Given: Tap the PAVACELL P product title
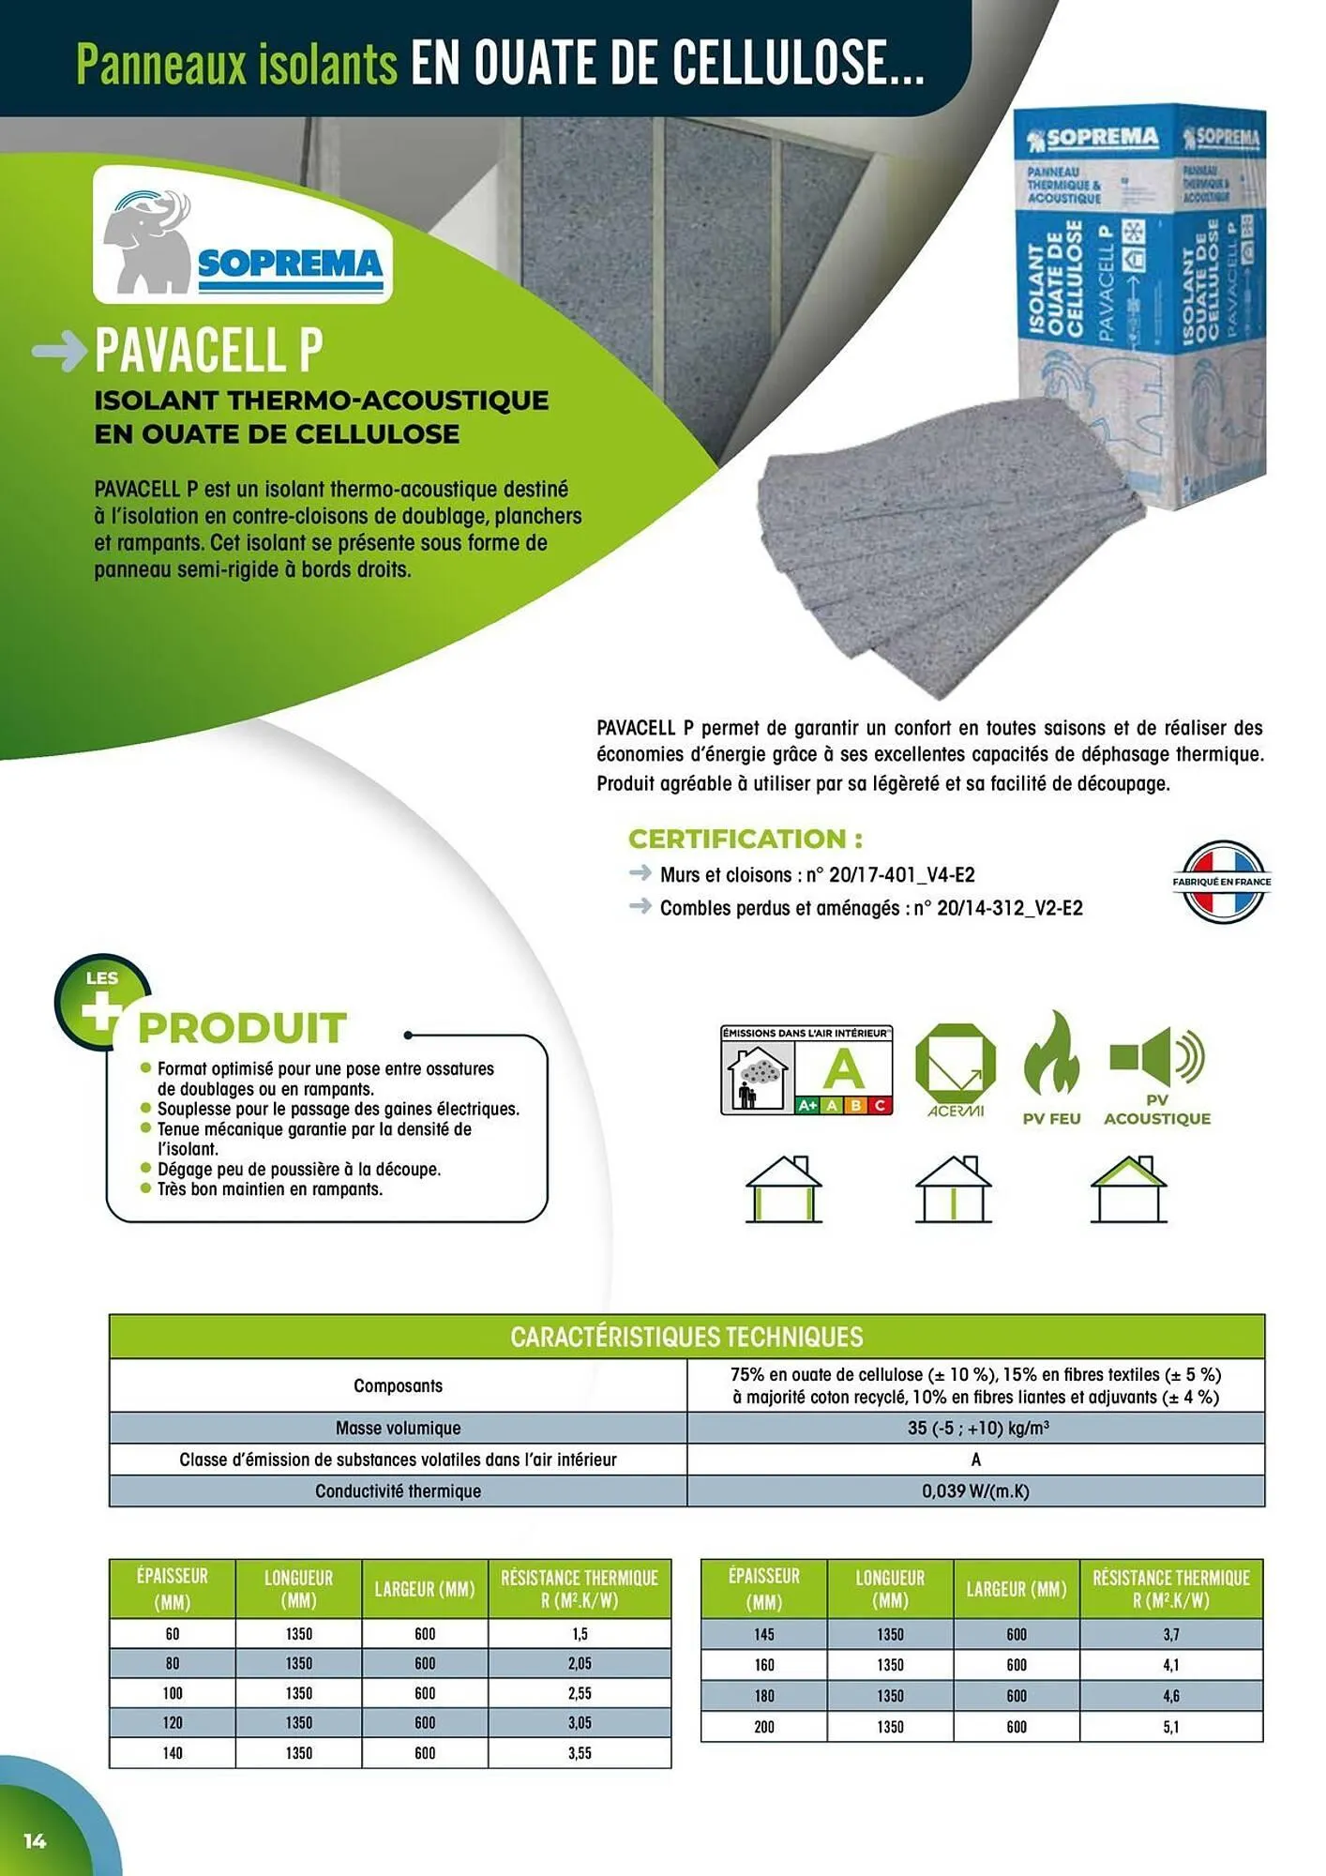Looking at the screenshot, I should click(208, 350).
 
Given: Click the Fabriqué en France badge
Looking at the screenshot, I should click(1221, 881).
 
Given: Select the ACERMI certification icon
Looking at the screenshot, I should click(955, 1069).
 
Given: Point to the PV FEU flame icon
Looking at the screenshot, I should click(1051, 1055).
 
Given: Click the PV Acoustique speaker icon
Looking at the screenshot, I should click(1156, 1056).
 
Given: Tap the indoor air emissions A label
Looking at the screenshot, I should click(806, 1069).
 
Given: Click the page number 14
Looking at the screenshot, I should click(35, 1840).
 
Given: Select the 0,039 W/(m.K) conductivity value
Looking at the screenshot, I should click(975, 1490).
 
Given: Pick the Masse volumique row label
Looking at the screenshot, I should click(398, 1428).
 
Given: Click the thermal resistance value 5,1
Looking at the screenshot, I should click(1170, 1727).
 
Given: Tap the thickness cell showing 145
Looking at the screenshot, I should click(763, 1634).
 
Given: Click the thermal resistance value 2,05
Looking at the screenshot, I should click(580, 1663).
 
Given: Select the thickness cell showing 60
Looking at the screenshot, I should click(173, 1633).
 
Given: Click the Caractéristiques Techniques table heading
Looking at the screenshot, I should click(686, 1337).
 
